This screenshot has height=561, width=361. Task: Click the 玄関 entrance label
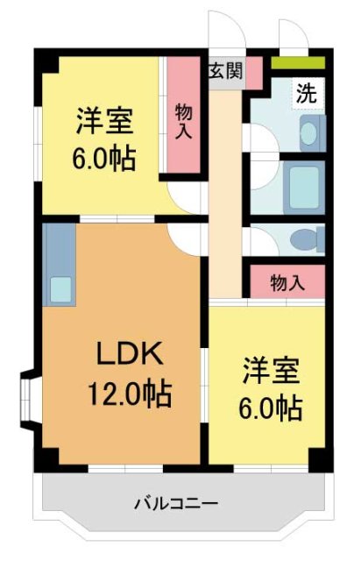225,71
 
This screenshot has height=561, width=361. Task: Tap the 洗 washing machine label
305,91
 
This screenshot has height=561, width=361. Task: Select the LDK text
129,355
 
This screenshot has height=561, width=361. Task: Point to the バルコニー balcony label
175,503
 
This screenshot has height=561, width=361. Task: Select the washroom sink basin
308,131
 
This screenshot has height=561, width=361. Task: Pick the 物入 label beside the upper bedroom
184,120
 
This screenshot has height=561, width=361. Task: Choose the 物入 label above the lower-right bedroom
287,282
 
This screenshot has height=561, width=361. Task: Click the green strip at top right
298,63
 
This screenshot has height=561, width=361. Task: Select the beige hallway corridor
225,193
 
